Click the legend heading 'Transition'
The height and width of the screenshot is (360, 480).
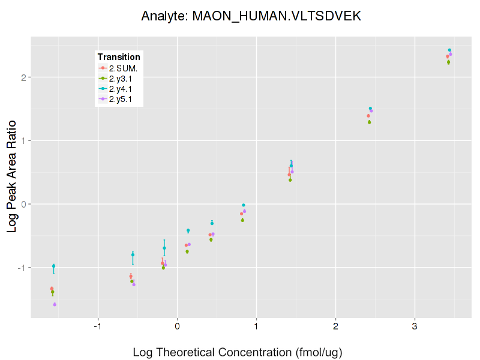119,57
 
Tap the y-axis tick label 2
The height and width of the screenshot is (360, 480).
22,77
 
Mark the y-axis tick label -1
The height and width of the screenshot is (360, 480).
20,267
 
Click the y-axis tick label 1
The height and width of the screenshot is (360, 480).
22,140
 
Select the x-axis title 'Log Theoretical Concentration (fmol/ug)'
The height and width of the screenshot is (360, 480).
237,352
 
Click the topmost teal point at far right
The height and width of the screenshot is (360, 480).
449,50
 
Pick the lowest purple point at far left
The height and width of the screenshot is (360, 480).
55,304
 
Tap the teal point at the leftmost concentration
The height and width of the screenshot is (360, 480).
53,266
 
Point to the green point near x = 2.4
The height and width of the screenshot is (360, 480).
370,122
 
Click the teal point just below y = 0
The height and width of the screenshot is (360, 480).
243,205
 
